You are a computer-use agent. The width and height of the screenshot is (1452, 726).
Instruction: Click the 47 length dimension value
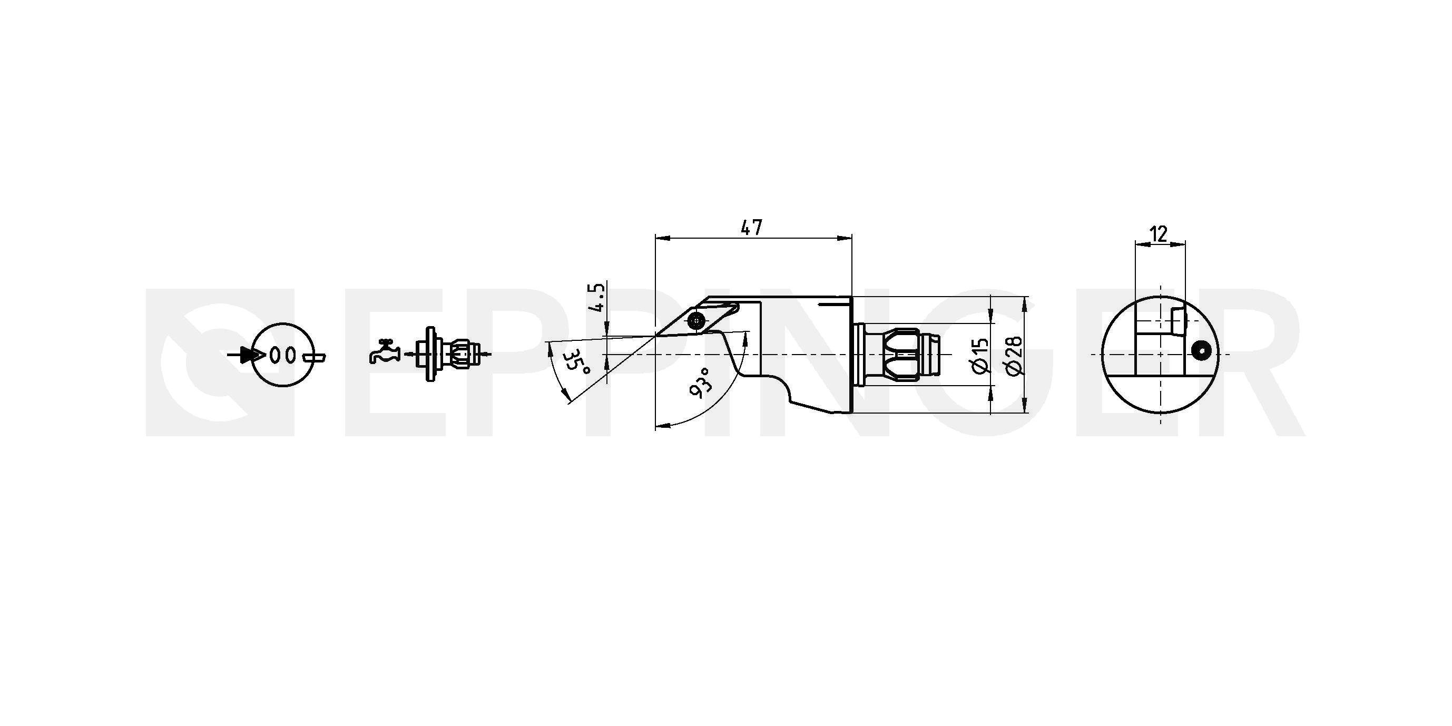coord(751,228)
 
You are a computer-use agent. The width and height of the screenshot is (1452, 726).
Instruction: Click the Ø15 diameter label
coord(981,356)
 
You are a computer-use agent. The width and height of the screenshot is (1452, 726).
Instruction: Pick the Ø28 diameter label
coord(1014,356)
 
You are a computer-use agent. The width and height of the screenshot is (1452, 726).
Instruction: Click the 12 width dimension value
coord(1159,233)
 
